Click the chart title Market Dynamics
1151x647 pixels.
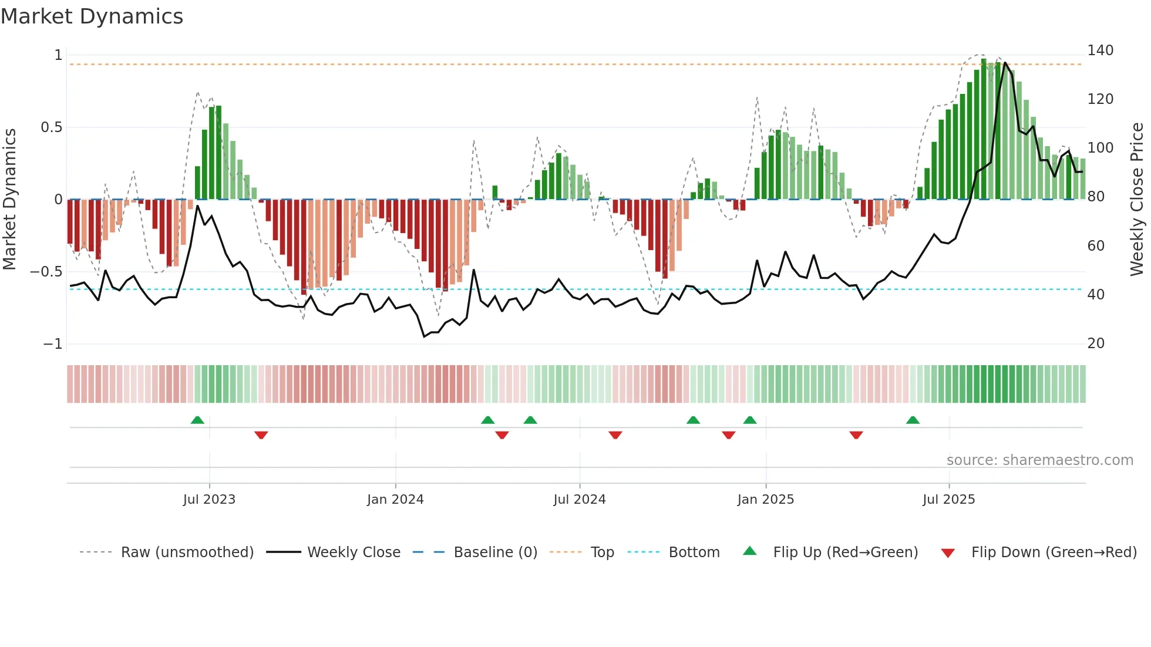point(92,16)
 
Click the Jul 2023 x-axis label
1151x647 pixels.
point(209,500)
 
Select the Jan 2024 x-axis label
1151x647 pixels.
point(395,500)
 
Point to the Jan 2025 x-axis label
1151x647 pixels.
point(765,500)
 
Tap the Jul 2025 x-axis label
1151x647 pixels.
point(948,500)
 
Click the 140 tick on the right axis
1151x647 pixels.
point(1100,50)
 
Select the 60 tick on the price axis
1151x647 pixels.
point(1096,246)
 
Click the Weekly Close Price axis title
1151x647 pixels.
point(1137,200)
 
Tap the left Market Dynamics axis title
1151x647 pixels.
point(10,200)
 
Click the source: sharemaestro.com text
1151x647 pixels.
point(1039,460)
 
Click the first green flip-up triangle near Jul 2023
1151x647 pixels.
point(197,420)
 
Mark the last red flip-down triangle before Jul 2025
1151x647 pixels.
point(856,435)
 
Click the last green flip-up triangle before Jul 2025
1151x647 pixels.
point(913,420)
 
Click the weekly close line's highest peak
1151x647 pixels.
point(1005,63)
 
